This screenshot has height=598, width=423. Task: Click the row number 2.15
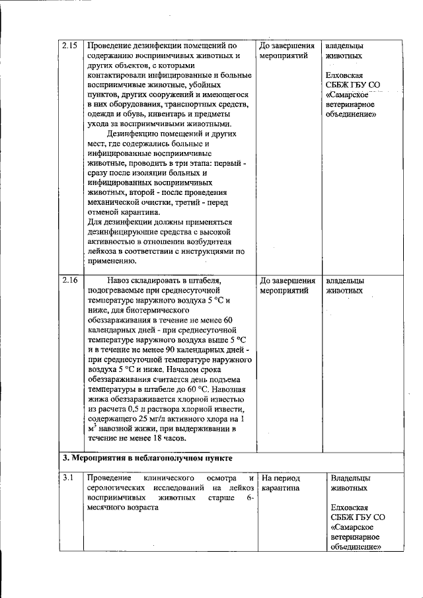(69, 46)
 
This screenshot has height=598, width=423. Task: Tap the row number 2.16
(69, 280)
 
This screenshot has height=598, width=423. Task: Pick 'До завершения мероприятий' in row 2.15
(287, 52)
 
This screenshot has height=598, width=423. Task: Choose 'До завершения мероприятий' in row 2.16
(287, 285)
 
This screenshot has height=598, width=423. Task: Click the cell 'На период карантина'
(280, 483)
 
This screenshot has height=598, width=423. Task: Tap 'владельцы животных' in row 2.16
(344, 285)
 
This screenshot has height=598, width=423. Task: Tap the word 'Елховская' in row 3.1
(350, 507)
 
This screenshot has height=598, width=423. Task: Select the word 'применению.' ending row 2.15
(111, 262)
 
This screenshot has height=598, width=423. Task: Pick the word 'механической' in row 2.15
(114, 203)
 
